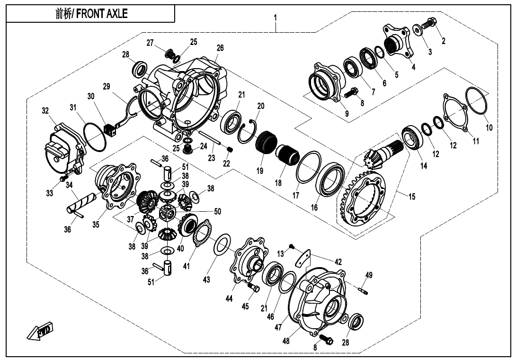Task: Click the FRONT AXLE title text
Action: pyautogui.click(x=91, y=14)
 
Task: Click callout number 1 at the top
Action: pyautogui.click(x=275, y=18)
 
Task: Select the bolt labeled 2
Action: pyautogui.click(x=430, y=22)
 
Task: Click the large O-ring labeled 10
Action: pyautogui.click(x=476, y=101)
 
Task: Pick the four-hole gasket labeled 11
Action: pyautogui.click(x=455, y=113)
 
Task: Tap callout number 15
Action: pyautogui.click(x=412, y=196)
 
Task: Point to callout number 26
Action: pyautogui.click(x=220, y=48)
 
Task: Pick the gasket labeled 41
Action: pyautogui.click(x=203, y=233)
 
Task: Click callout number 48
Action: pyautogui.click(x=286, y=341)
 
